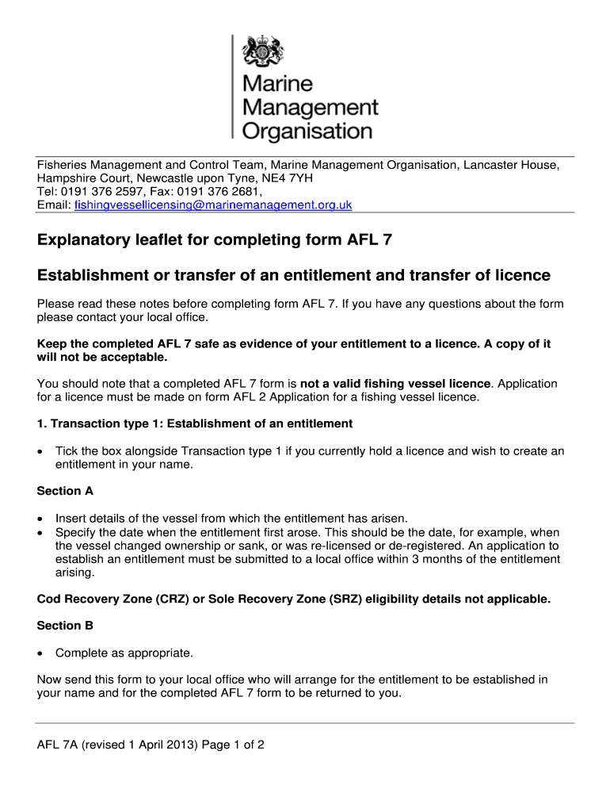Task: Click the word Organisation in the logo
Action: [307, 130]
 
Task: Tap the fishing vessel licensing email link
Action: [212, 205]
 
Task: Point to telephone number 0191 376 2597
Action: [112, 192]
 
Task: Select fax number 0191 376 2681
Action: [218, 192]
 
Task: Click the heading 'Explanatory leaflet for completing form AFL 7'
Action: [215, 240]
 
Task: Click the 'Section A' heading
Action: [59, 491]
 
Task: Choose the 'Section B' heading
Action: [59, 626]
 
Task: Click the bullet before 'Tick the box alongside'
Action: [40, 451]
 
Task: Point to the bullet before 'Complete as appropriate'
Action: [40, 653]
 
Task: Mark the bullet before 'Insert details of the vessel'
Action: [40, 518]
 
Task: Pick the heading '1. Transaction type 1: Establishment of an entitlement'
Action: [195, 423]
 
